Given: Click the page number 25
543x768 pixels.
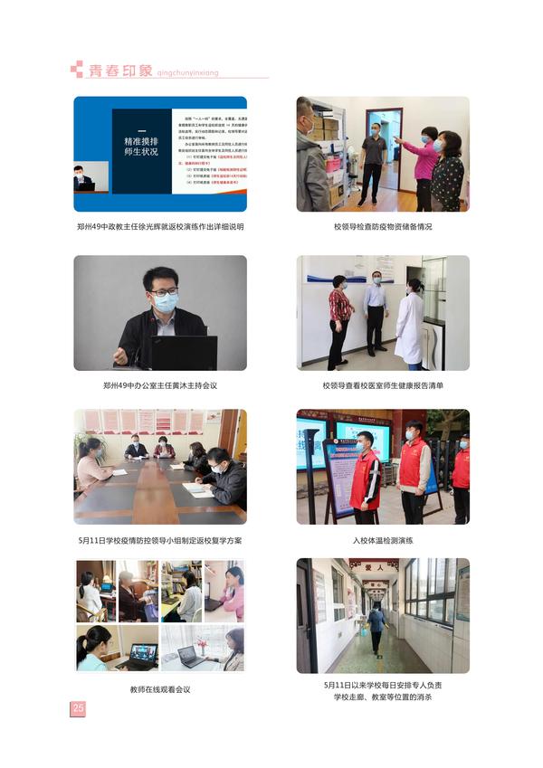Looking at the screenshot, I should click(x=78, y=708).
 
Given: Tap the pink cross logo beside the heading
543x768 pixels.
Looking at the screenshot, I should click(x=76, y=69).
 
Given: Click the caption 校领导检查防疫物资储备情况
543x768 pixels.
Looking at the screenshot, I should click(x=383, y=226).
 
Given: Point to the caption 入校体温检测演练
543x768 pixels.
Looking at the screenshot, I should click(x=383, y=540).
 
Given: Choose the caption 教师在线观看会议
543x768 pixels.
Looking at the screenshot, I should click(x=160, y=689).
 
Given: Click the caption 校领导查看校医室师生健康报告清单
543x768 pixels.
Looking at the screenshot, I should click(x=383, y=384).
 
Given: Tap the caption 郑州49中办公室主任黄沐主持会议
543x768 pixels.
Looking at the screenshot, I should click(x=160, y=384).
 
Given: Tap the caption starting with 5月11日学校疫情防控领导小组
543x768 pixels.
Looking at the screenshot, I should click(x=160, y=540).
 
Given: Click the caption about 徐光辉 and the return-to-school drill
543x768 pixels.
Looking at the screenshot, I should click(x=160, y=226).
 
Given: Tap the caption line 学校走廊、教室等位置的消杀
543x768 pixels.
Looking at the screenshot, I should click(x=383, y=697).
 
